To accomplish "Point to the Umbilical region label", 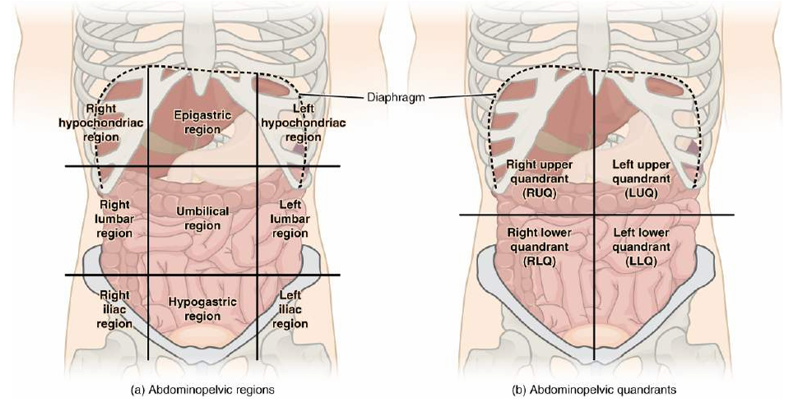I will tap(202, 218).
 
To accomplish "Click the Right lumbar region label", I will tap(114, 218).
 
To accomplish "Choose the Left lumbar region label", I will tap(290, 218).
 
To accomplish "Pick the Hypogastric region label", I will tap(202, 309).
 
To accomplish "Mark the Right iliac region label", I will tap(114, 308).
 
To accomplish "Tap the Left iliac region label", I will tap(290, 308).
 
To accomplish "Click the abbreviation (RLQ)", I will tap(539, 260).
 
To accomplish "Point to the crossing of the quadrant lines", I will tap(594, 215).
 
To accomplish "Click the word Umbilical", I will tap(202, 211).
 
